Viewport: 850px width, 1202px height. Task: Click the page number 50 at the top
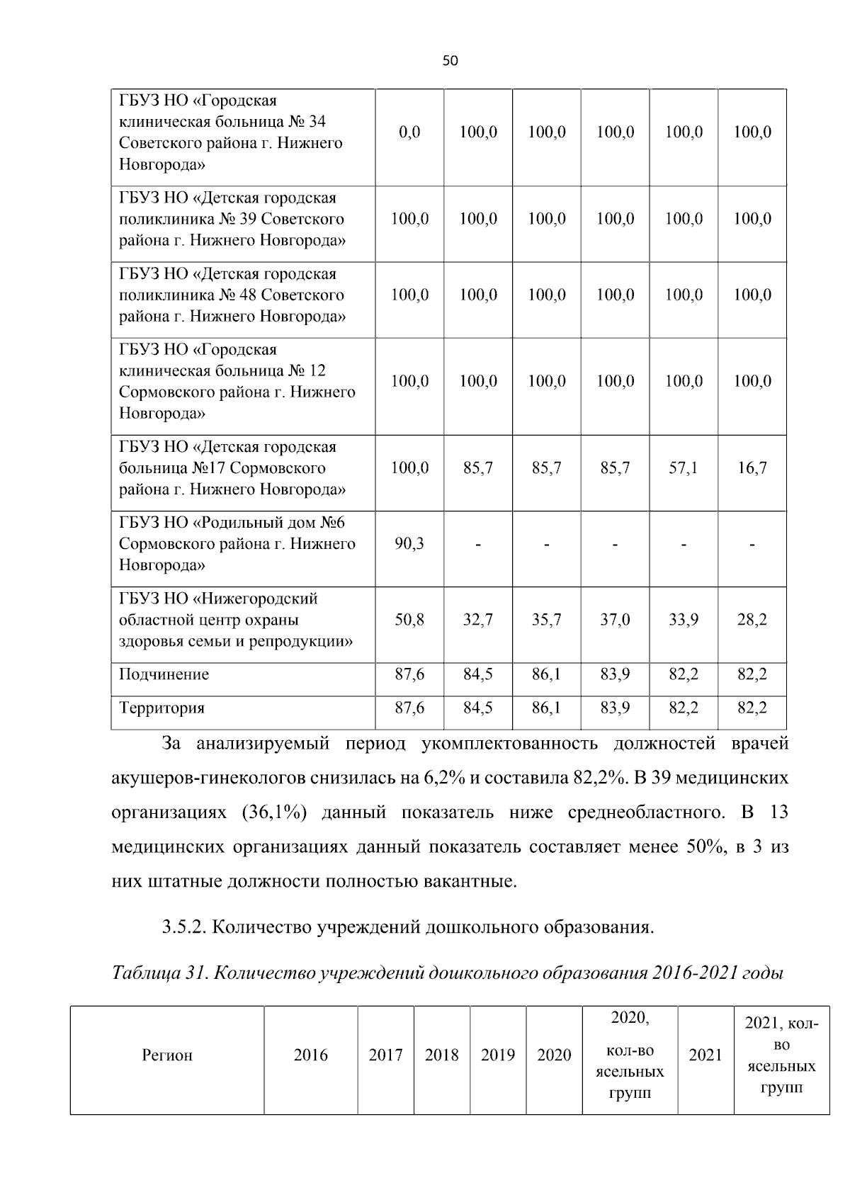pyautogui.click(x=450, y=61)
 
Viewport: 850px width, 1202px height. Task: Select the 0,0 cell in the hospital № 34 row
pyautogui.click(x=409, y=132)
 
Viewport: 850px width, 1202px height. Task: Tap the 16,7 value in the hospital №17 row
pyautogui.click(x=752, y=468)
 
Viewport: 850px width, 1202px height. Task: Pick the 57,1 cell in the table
pyautogui.click(x=684, y=468)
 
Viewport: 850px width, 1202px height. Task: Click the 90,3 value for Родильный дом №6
pyautogui.click(x=409, y=544)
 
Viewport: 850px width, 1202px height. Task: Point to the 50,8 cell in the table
pyautogui.click(x=409, y=620)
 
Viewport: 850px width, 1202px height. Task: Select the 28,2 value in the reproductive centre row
pyautogui.click(x=752, y=620)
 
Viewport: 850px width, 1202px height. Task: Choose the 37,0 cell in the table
pyautogui.click(x=615, y=620)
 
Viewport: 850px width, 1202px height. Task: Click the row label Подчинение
pyautogui.click(x=164, y=674)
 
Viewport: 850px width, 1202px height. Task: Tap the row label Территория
pyautogui.click(x=161, y=708)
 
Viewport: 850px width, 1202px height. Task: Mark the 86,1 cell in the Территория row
pyautogui.click(x=546, y=708)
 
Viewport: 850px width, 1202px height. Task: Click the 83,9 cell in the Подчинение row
pyautogui.click(x=615, y=674)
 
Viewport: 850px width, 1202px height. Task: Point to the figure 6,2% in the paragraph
pyautogui.click(x=443, y=778)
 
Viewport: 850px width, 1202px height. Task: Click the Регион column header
pyautogui.click(x=167, y=1055)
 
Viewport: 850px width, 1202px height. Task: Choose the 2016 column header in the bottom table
pyautogui.click(x=310, y=1055)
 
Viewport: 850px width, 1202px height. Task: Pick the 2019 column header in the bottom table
pyautogui.click(x=497, y=1055)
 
